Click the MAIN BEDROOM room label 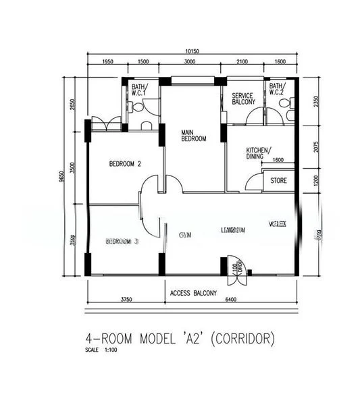(193, 135)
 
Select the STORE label (278, 181)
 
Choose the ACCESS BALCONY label (193, 293)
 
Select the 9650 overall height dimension (63, 176)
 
